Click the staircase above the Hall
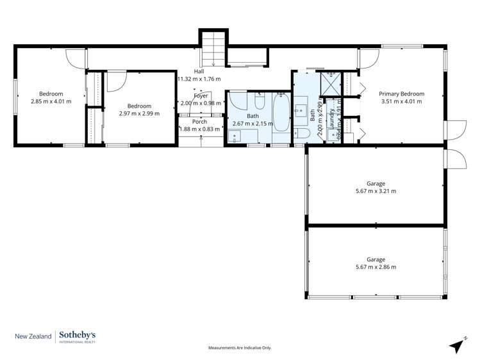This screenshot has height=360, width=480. tap(213, 47)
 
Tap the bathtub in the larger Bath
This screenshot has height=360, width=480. tap(281, 118)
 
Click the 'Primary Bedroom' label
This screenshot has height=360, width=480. tap(402, 94)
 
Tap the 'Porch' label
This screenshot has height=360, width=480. tap(199, 121)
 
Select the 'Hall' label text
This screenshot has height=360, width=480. tap(199, 71)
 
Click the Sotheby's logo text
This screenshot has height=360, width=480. tap(79, 335)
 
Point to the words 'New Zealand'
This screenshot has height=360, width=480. tap(33, 336)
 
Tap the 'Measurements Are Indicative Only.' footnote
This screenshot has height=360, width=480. tap(240, 348)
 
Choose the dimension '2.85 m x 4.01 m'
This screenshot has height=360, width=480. tap(51, 101)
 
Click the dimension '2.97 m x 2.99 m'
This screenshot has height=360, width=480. tap(139, 113)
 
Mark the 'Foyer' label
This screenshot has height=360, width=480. tap(201, 95)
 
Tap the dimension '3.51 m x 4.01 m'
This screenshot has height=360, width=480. tap(402, 101)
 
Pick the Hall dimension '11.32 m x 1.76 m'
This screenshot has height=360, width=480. tap(199, 79)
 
